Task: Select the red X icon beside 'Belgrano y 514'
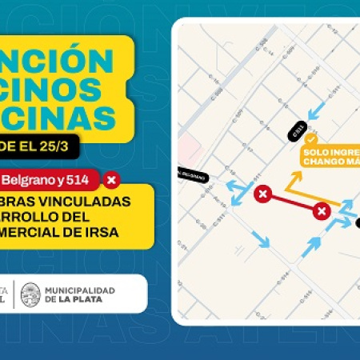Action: (x=112, y=179)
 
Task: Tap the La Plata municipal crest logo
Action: (x=31, y=294)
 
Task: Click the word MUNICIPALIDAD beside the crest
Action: (x=80, y=289)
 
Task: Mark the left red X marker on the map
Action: (x=261, y=194)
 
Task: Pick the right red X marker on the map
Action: (x=322, y=211)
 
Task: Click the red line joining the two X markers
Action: (x=291, y=202)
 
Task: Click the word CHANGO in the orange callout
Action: (x=319, y=161)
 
